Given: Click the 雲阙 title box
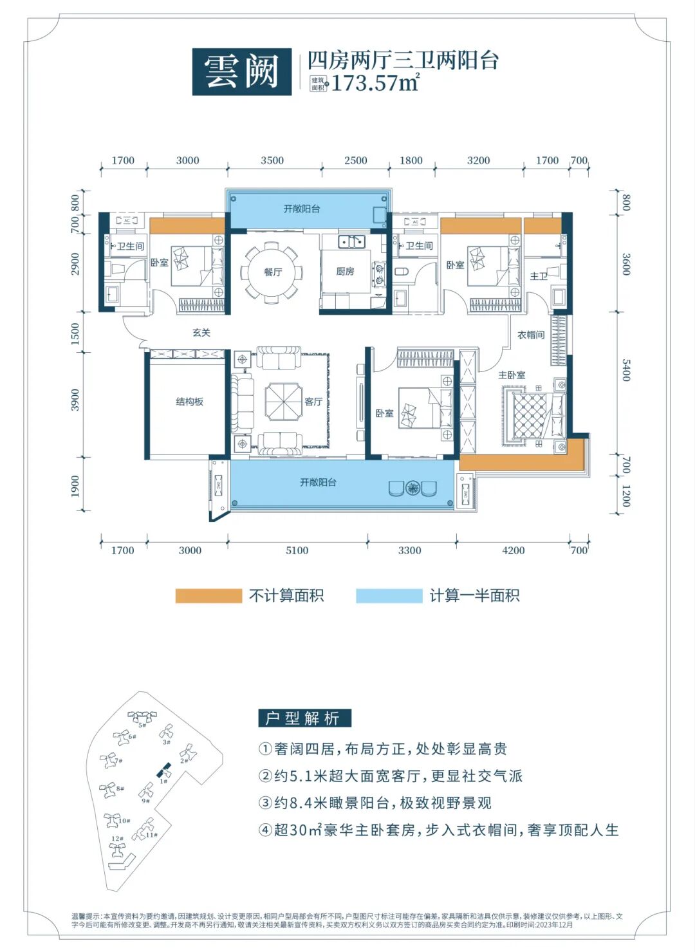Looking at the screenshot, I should [x=241, y=71].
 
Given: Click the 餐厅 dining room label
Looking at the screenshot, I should [x=273, y=272].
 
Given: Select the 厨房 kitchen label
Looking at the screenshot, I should [x=345, y=272].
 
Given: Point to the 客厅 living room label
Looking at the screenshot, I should [x=313, y=402].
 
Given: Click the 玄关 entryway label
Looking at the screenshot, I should [x=201, y=333].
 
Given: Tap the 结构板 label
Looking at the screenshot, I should [x=189, y=402].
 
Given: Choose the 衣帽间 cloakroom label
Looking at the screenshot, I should [x=531, y=335].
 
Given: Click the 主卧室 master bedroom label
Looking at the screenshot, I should [x=512, y=375].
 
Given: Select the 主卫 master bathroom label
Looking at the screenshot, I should [x=539, y=276].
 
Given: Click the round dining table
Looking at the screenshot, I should [x=270, y=272].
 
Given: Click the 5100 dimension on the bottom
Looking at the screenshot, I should [x=297, y=550].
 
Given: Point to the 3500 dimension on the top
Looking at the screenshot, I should [x=272, y=160].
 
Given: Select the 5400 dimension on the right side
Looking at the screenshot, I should [x=625, y=371].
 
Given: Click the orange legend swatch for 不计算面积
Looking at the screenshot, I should [x=208, y=596].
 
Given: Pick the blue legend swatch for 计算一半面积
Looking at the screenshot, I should [x=389, y=596].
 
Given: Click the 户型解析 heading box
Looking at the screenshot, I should [x=304, y=718].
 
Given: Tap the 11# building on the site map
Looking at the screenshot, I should [x=145, y=830].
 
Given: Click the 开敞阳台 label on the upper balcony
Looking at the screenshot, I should [x=302, y=209].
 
